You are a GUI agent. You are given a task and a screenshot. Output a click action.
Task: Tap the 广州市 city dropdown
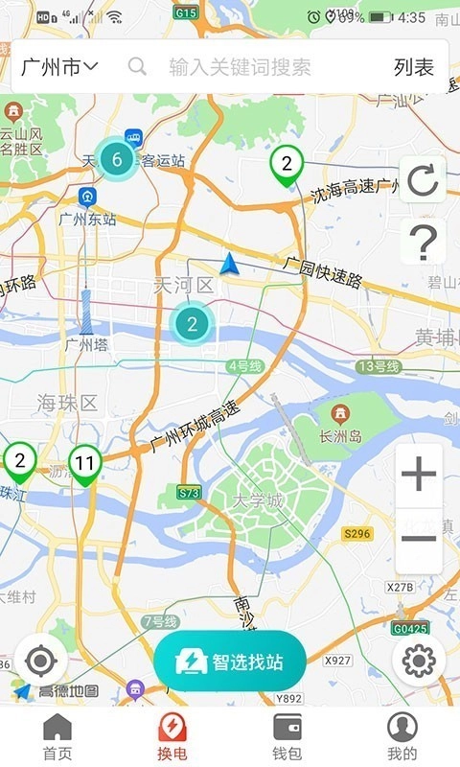point(59,66)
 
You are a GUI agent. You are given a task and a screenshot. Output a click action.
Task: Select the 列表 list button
point(414,66)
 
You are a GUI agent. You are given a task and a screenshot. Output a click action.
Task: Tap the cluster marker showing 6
point(117,160)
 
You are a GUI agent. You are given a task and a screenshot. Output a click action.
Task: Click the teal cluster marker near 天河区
point(192,324)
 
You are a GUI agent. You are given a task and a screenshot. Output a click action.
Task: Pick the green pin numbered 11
point(85,465)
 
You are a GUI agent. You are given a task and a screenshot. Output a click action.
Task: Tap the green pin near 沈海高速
point(286,165)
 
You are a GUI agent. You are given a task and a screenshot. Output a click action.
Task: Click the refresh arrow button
point(422,179)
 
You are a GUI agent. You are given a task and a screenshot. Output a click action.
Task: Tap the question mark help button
point(422,241)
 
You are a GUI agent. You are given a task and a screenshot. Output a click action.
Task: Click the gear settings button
point(420,661)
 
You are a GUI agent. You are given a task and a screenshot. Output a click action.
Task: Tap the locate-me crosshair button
point(40,661)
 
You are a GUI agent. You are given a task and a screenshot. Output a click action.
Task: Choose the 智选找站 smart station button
point(230,662)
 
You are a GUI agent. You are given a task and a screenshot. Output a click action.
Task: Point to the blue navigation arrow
point(229,264)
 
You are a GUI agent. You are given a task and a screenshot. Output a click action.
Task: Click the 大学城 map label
point(259,501)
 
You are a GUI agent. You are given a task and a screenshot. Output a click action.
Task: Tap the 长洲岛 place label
point(342,436)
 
